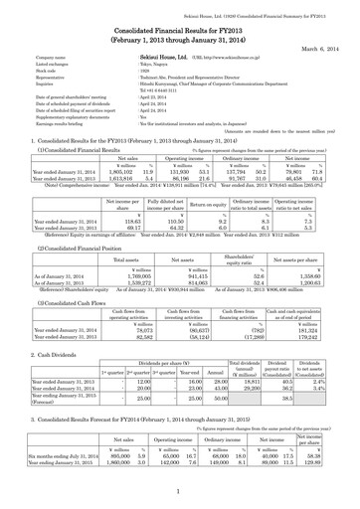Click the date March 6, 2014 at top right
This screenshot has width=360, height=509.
pyautogui.click(x=324, y=40)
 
